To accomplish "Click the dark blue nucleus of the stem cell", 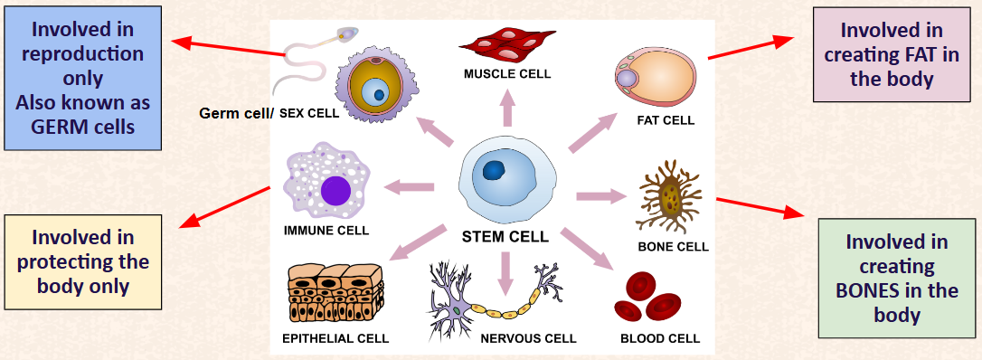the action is [496, 169].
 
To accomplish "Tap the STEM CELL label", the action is [505, 237].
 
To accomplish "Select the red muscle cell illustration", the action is [507, 44].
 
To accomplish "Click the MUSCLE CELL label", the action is [507, 74].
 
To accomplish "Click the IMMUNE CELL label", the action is [326, 231].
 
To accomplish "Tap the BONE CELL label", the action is [674, 247].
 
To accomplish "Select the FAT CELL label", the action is [666, 120].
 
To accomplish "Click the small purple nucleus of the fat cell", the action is [627, 79].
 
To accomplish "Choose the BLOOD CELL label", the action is [660, 338].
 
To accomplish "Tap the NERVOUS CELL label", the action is [528, 338].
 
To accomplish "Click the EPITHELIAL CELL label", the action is [335, 338].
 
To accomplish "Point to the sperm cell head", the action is [346, 33].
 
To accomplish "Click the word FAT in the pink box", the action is [911, 54].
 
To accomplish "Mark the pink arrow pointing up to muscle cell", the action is [506, 108].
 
